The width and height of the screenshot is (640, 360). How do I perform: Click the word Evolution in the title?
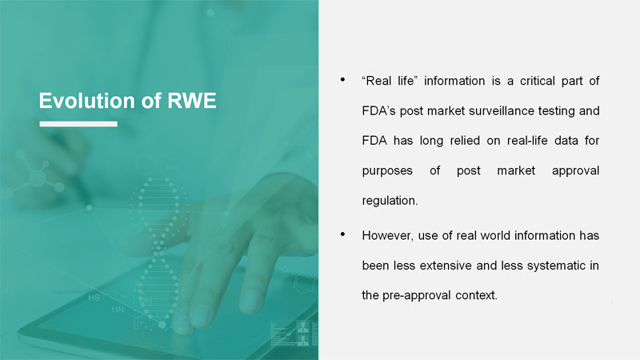(86, 101)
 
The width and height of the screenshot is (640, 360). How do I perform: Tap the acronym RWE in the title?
(192, 101)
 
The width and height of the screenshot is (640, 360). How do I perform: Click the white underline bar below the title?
(78, 124)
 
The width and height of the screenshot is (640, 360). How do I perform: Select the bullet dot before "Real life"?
(343, 79)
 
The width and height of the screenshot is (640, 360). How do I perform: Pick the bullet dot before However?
(343, 234)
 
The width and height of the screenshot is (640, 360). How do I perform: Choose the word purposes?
(387, 171)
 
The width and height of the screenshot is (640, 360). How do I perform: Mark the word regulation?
(390, 201)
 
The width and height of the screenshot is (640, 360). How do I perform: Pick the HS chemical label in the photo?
(94, 298)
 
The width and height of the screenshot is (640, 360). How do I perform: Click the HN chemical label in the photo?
(118, 310)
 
